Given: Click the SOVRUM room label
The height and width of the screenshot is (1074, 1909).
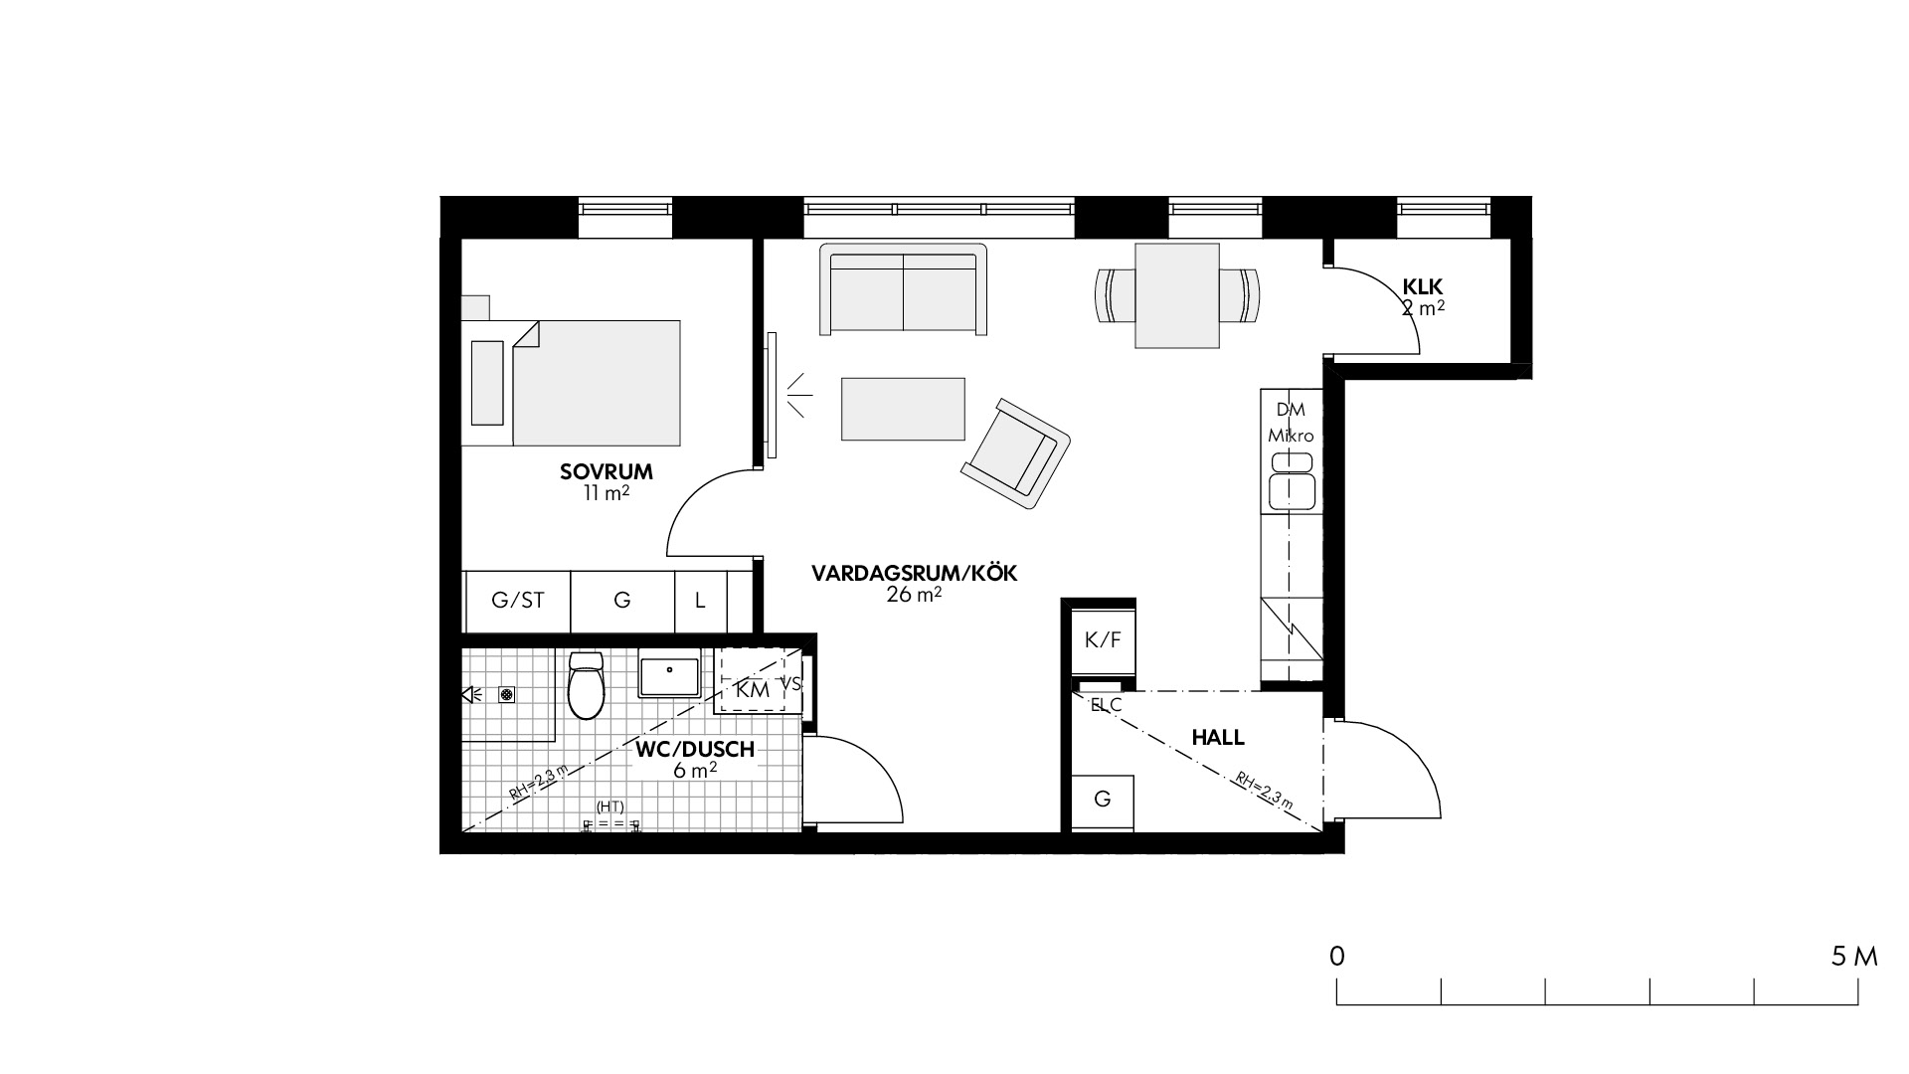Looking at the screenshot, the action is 607,471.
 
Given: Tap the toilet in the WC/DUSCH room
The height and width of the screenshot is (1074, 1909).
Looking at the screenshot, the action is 586,685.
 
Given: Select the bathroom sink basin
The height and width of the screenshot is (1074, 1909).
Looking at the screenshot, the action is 670,675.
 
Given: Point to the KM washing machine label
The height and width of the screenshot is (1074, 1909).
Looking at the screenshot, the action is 753,688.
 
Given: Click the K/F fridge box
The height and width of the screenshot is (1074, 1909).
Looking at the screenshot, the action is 1103,640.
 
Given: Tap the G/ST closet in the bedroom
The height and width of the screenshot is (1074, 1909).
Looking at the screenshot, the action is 518,601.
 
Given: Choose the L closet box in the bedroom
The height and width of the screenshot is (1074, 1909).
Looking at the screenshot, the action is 701,601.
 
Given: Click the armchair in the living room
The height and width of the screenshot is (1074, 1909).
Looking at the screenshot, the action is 1015,452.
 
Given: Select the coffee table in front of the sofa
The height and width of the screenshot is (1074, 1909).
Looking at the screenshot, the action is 903,409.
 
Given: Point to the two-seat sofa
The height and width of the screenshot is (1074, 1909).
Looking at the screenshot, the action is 904,289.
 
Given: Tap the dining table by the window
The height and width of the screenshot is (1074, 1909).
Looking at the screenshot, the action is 1177,295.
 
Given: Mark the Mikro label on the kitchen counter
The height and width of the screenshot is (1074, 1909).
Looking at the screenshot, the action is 1291,436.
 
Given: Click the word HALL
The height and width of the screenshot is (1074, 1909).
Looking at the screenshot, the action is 1218,738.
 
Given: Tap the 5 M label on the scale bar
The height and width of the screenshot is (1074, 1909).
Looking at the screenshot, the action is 1854,957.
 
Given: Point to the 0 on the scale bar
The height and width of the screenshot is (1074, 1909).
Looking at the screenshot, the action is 1337,957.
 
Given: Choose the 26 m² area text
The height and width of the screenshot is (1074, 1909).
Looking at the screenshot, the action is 914,595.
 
